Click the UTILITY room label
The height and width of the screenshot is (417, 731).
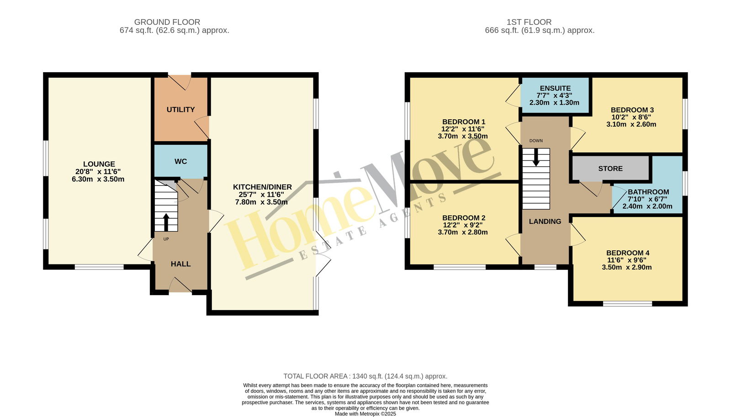180,110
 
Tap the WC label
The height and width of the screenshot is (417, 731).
180,162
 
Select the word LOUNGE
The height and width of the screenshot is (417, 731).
99,164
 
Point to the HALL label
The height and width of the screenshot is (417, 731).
180,264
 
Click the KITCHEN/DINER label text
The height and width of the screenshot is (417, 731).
262,187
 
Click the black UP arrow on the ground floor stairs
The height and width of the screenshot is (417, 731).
166,222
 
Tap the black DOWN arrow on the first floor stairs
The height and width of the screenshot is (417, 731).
536,158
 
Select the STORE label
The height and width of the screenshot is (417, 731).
610,169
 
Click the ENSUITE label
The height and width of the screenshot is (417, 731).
555,89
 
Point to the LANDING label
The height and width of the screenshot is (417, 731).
545,222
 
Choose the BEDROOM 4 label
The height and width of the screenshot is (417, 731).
628,253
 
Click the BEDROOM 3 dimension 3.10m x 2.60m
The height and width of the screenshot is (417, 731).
631,124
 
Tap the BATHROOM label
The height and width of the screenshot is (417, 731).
648,192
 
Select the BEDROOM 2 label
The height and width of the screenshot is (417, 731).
464,218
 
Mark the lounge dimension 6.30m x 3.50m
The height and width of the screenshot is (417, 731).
98,179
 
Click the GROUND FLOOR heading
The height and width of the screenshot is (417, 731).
167,22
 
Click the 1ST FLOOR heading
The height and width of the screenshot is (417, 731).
529,22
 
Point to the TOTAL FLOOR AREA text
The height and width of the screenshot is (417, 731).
365,376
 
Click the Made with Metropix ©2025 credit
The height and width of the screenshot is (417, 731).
365,414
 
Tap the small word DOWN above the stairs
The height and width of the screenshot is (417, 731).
536,141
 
